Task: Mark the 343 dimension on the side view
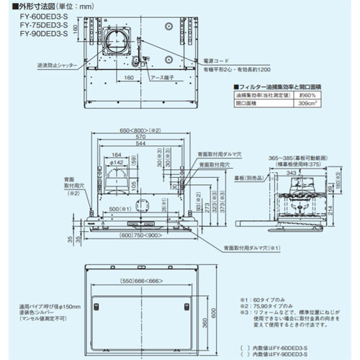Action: point(287,172)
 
